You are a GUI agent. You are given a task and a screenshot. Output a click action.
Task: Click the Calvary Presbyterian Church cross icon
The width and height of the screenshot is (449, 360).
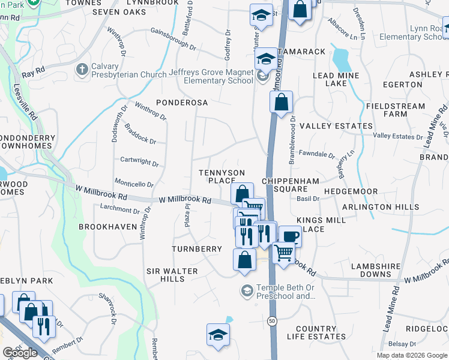click(x=82, y=70)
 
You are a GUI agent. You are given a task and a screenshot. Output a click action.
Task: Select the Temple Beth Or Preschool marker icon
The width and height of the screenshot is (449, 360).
click(x=246, y=291)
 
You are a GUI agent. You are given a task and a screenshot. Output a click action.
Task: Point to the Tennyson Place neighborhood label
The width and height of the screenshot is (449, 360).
click(x=222, y=176)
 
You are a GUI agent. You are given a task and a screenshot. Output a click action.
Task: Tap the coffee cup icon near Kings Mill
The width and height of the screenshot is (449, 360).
click(x=291, y=237)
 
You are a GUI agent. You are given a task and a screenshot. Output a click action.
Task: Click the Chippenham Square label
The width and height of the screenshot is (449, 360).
click(x=285, y=185)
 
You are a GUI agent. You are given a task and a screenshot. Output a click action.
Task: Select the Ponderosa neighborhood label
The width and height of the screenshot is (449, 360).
click(x=182, y=103)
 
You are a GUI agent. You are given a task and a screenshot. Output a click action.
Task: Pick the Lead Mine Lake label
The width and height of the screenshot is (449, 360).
click(x=336, y=79)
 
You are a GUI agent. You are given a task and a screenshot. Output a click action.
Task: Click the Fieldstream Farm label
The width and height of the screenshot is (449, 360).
click(x=395, y=110)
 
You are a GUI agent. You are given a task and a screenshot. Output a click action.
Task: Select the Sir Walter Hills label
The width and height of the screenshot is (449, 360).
click(x=172, y=275)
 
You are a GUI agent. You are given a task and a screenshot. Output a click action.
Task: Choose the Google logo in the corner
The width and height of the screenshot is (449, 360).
click(x=20, y=352)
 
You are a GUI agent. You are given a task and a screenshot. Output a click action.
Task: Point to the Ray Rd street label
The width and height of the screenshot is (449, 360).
click(x=33, y=73)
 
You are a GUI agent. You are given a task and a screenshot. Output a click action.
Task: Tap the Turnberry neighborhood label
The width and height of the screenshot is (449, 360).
click(x=196, y=248)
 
